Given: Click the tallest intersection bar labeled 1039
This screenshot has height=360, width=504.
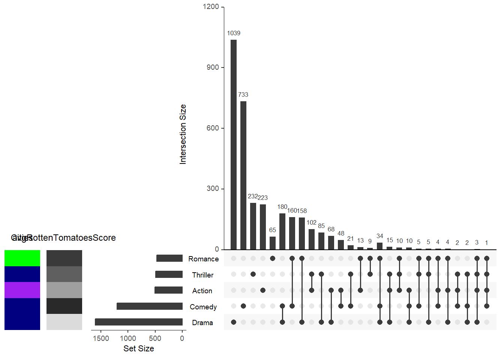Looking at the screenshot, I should [234, 144].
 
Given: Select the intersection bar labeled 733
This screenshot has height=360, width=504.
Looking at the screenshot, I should [243, 175].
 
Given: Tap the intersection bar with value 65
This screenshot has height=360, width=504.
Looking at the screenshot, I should [273, 243].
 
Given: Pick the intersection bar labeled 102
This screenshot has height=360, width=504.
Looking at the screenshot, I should [312, 239].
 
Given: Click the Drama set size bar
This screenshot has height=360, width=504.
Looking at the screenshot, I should [139, 322].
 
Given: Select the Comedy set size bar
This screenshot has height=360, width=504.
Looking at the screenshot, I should [150, 306].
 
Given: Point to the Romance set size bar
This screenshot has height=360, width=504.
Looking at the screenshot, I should [169, 258].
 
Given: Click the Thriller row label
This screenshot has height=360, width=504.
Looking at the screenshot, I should [202, 275].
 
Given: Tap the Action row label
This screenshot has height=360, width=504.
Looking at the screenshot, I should [202, 291].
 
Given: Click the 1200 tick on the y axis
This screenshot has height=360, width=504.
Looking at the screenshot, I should [211, 7].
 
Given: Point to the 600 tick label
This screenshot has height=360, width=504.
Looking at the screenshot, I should [213, 128].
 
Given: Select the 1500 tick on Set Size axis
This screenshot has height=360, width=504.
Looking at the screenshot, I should [101, 338].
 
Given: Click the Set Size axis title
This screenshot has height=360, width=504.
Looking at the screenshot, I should [139, 348].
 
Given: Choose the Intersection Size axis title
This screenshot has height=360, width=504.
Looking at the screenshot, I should [183, 134].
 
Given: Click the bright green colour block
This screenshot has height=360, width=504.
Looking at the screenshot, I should [22, 258].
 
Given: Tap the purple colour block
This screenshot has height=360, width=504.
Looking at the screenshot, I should [22, 290].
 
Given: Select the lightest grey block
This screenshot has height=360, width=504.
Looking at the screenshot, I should [64, 322].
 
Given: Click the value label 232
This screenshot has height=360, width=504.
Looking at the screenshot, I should [253, 196].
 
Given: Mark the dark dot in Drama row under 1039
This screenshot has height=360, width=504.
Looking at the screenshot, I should [234, 322].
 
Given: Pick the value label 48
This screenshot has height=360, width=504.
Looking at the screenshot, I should [341, 233].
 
